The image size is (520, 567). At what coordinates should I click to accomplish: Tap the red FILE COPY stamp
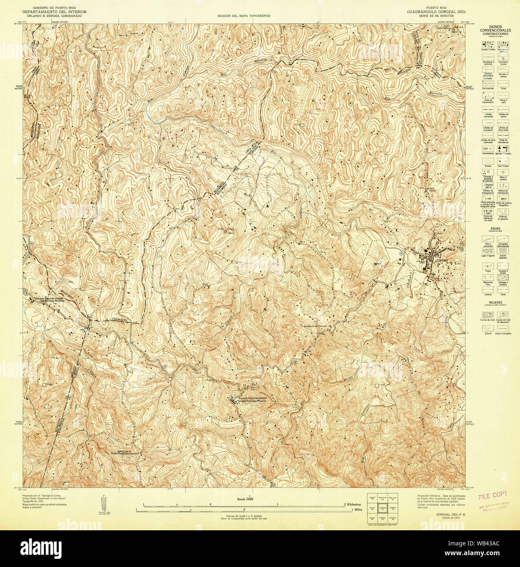point(493,495)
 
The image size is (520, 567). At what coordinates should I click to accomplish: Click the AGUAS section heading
point(495,229)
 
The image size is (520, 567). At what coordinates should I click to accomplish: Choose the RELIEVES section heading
point(495,303)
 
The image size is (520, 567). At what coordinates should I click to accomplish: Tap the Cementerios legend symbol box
point(487,148)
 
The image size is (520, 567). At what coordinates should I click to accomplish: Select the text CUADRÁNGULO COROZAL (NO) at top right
point(436,12)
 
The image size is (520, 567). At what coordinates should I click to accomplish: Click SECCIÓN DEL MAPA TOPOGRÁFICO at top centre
point(244,16)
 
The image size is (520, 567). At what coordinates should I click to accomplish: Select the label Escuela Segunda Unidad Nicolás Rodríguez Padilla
point(252,399)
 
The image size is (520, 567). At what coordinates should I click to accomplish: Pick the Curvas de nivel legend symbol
point(487,315)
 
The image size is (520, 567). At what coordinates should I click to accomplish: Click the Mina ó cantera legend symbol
point(503,173)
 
